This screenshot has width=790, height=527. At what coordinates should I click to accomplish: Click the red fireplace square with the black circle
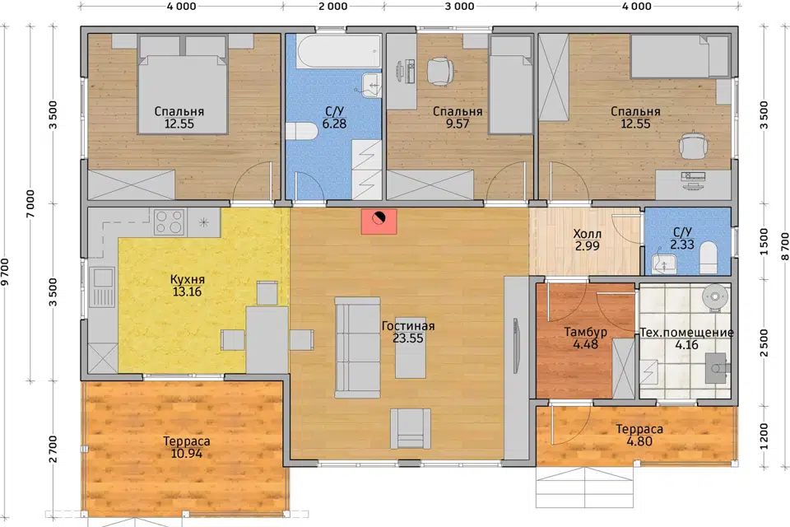(379, 222)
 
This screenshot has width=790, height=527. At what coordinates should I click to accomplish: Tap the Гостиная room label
(408, 326)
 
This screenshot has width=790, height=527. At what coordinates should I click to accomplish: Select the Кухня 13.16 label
(187, 286)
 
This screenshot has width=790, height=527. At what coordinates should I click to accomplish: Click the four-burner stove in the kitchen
(169, 222)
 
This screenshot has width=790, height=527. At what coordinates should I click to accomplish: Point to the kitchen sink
(102, 287)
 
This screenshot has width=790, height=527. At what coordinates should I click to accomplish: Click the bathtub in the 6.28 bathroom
(339, 51)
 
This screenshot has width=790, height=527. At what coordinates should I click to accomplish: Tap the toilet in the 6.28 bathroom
(301, 131)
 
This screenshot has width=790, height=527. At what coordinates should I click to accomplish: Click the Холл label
(587, 234)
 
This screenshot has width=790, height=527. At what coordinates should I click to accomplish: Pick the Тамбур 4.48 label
(585, 338)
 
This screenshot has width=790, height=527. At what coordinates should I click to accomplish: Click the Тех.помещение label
(686, 333)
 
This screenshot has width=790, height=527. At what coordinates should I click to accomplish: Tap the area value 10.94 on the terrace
(187, 454)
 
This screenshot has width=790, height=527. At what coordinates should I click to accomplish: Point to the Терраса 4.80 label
(639, 436)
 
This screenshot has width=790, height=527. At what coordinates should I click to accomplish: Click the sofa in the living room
(358, 347)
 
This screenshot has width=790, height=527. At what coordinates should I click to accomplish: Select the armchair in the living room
(411, 429)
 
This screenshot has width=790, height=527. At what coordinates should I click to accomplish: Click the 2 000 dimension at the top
(333, 7)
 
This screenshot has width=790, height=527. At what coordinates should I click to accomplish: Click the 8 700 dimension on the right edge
(784, 246)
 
